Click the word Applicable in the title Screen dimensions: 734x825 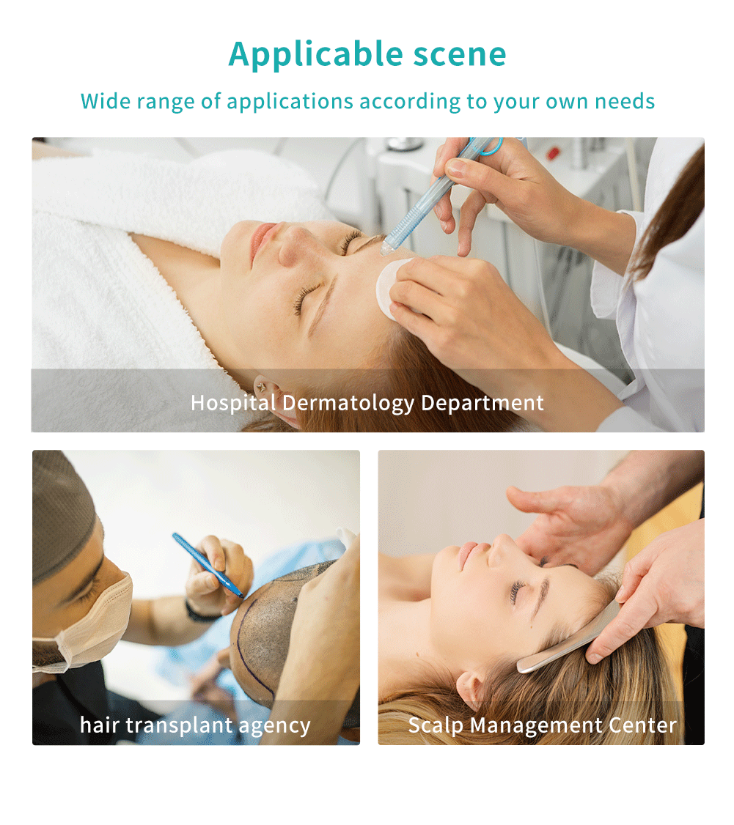pos(315,55)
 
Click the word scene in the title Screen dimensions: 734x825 pos(459,55)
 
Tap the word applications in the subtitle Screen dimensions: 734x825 pos(290,102)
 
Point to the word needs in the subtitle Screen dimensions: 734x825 pos(625,102)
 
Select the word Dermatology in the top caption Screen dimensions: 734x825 pos(348,404)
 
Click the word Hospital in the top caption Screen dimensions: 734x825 pos(232,404)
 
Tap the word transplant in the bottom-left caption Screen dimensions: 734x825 pos(178,726)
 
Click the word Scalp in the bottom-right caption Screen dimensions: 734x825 pos(436,726)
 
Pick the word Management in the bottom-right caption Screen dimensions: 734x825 pos(535,726)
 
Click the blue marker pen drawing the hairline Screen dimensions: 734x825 pos(208,566)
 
